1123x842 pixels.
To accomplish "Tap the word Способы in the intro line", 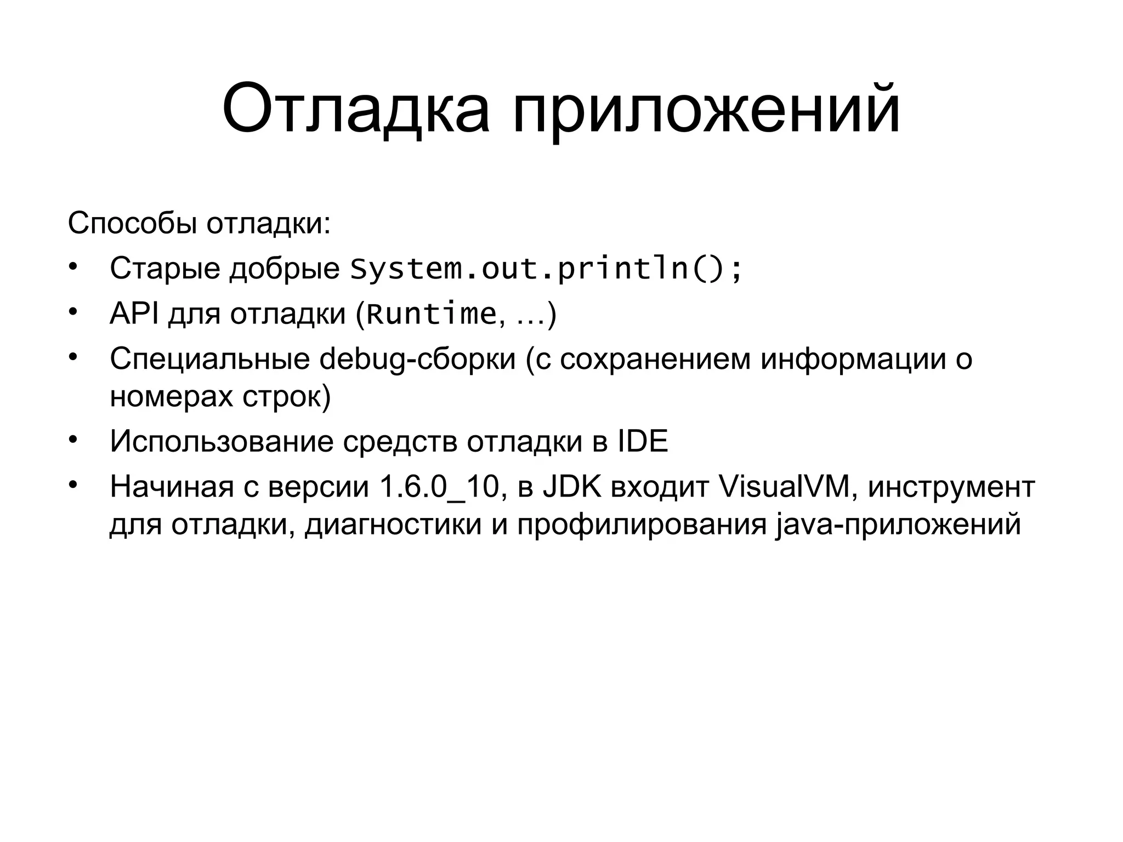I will [x=132, y=224].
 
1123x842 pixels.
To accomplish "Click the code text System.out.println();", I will [x=546, y=269].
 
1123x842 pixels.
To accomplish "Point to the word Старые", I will [x=165, y=269].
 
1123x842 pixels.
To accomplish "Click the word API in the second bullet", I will [x=134, y=314].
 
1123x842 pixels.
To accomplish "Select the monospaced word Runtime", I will [x=431, y=314].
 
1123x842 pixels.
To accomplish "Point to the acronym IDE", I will [x=643, y=441].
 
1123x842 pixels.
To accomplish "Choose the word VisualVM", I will [x=784, y=486].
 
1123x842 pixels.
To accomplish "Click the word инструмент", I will [x=951, y=487].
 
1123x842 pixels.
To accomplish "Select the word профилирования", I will [x=642, y=524].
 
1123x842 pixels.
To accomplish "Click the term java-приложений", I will [x=899, y=524].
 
